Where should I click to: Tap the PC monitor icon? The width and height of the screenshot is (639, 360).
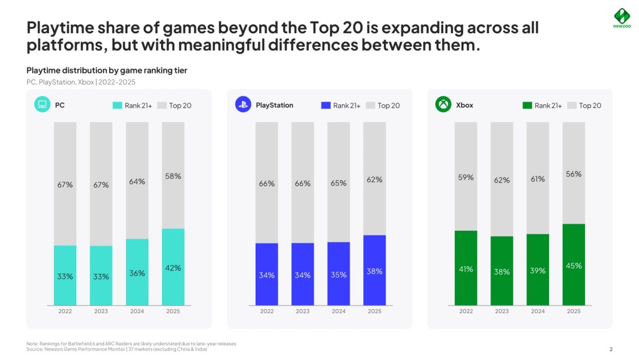pos(42,105)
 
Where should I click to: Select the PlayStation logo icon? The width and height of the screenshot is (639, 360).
pos(243,105)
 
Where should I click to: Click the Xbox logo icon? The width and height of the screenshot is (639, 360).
pos(443,105)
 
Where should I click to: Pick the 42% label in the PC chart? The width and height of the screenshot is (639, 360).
pos(173,268)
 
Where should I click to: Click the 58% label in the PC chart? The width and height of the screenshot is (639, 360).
pos(173,176)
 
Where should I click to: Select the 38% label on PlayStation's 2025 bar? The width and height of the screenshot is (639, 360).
pos(375,271)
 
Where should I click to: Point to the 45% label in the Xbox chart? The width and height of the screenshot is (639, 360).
pos(573,266)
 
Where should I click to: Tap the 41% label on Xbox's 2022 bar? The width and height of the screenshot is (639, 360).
pos(466,269)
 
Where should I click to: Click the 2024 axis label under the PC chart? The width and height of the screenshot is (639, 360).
pos(137,311)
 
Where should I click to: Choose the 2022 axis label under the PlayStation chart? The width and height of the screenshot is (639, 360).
pos(267,311)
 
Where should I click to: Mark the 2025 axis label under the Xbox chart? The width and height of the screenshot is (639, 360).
pos(573,311)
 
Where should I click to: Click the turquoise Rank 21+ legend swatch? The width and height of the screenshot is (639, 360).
pos(117,105)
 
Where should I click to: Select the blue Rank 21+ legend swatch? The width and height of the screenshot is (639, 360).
pos(325,105)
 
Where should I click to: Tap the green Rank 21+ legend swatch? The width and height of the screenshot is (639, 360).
pos(527,105)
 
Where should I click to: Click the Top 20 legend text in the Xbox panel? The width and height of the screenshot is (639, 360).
pos(590,105)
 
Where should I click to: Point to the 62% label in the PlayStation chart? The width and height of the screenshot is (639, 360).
pos(375,179)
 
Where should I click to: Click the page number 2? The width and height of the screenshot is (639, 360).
pos(611,349)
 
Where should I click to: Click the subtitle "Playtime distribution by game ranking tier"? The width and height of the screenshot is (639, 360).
pos(107,70)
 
